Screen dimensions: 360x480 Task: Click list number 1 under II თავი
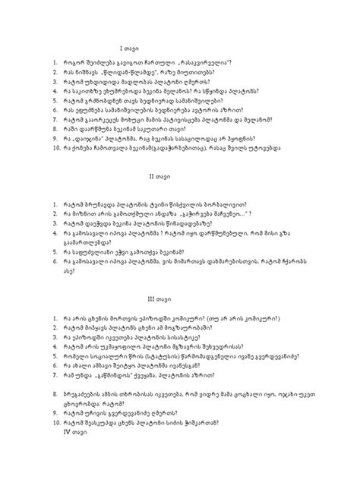tap(46, 205)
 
